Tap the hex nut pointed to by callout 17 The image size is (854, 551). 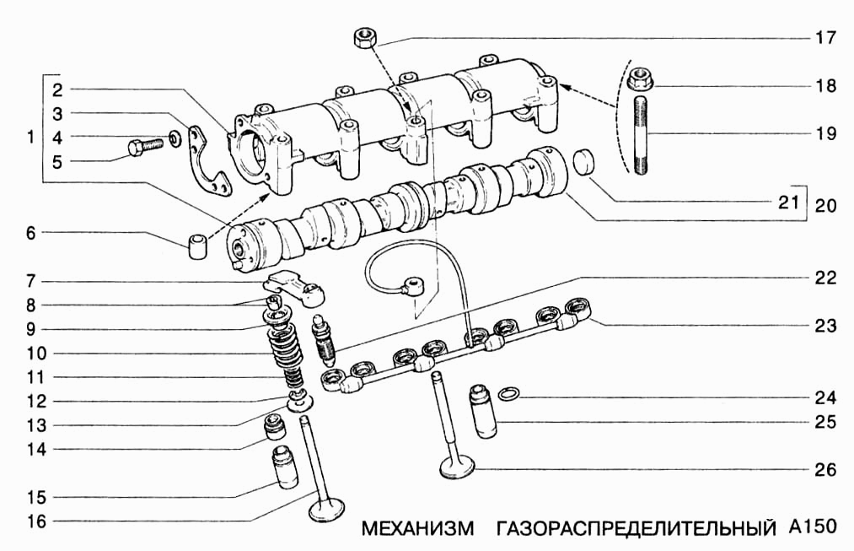point(365,37)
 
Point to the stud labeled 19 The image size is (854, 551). point(641,136)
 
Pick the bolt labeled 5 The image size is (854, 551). point(142,149)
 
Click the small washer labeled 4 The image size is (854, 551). point(174,137)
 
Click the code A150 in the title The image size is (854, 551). point(813,527)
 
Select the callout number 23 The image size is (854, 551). point(825,325)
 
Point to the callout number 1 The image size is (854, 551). point(30,137)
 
